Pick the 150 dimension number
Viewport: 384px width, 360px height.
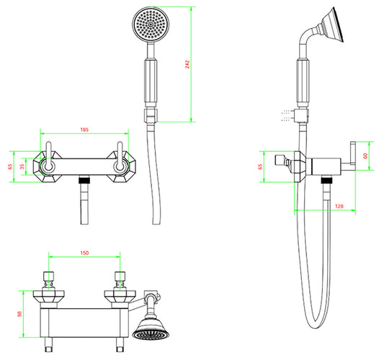tap(84, 253)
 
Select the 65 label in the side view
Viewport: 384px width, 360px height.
tap(260, 167)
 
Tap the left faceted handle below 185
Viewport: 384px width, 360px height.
tap(48, 167)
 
